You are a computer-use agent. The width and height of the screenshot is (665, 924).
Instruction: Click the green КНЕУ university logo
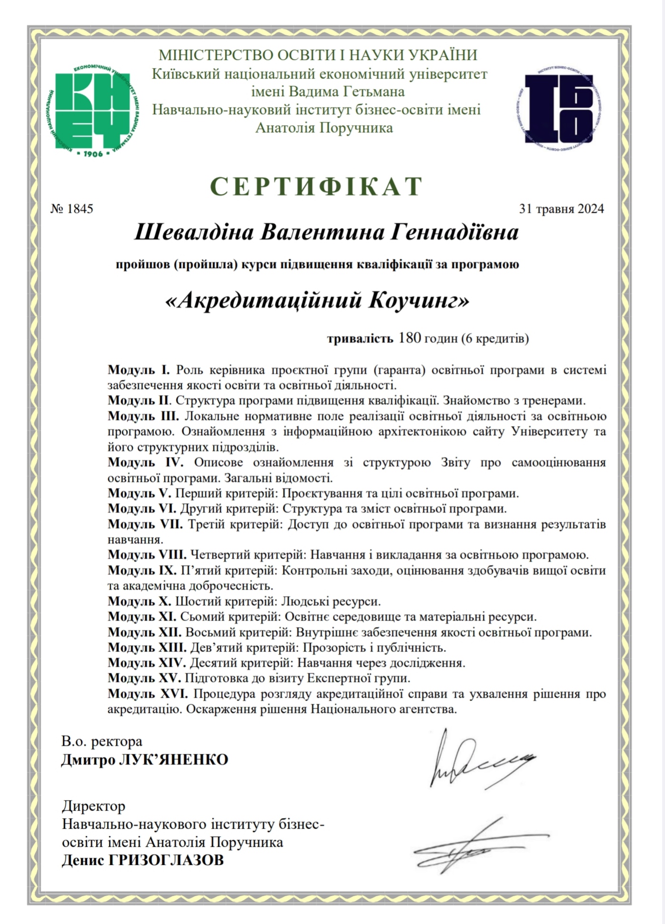(x=95, y=110)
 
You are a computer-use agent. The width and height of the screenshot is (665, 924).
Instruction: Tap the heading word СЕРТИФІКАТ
(x=316, y=186)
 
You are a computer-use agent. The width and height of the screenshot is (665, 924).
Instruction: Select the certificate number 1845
(x=80, y=209)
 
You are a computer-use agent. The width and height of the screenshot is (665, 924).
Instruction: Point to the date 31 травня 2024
(x=561, y=209)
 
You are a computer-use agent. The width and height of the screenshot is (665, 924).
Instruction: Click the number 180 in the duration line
(x=410, y=338)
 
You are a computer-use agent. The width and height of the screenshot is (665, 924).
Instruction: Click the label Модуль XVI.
(x=147, y=694)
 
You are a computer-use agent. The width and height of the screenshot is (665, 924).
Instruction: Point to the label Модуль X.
(x=139, y=601)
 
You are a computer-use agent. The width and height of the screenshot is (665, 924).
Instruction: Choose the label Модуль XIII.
(x=147, y=647)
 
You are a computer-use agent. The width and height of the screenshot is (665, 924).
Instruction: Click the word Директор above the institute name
(x=94, y=806)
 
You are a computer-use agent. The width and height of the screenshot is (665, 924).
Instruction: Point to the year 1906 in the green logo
(x=93, y=154)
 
